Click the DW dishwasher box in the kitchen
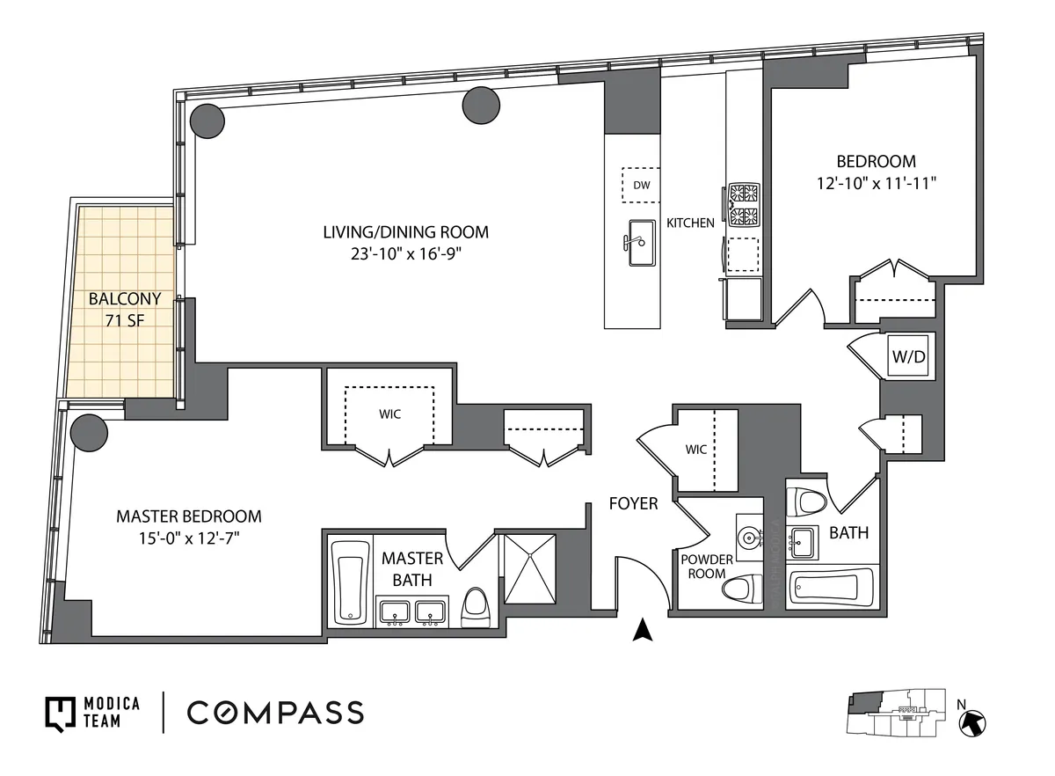tap(640, 185)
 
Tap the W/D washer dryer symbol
tap(908, 357)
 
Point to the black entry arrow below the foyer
tap(644, 630)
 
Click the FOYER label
tap(633, 504)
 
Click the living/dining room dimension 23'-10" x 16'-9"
tap(405, 253)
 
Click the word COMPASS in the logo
tap(275, 713)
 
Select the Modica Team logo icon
tap(58, 713)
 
